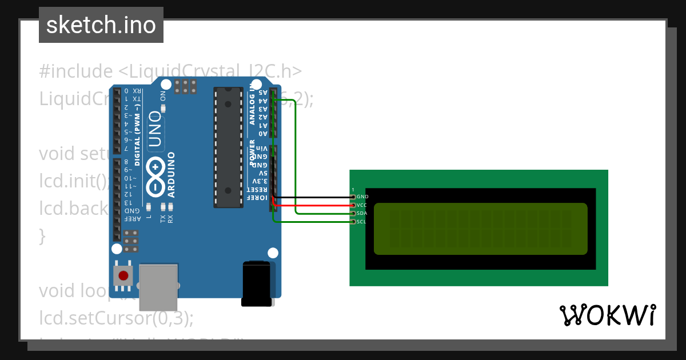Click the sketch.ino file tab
pyautogui.click(x=101, y=25)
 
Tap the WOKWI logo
pyautogui.click(x=607, y=315)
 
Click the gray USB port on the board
pyautogui.click(x=158, y=287)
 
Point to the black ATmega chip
pyautogui.click(x=228, y=147)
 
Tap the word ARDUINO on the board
pyautogui.click(x=171, y=175)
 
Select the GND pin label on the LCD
pyautogui.click(x=362, y=197)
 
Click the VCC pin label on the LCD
pyautogui.click(x=362, y=205)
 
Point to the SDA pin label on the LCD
pyautogui.click(x=362, y=213)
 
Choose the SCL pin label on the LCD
pyautogui.click(x=361, y=222)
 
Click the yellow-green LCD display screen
pyautogui.click(x=480, y=229)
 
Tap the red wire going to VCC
pyautogui.click(x=314, y=205)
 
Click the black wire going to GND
pyautogui.click(x=314, y=197)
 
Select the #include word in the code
pyautogui.click(x=76, y=71)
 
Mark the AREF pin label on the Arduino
pyautogui.click(x=133, y=219)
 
